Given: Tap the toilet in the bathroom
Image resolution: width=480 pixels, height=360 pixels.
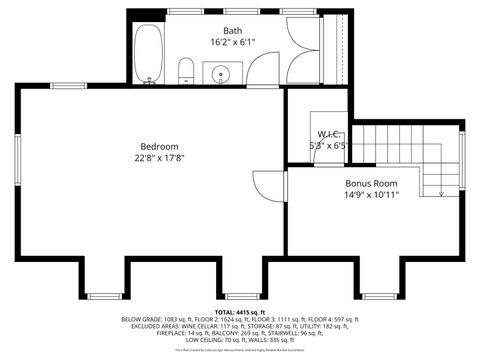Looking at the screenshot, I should [185, 69].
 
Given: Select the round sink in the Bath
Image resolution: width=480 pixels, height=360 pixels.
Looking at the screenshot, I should [221, 72].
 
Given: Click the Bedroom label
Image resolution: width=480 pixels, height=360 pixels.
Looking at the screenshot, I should [159, 146].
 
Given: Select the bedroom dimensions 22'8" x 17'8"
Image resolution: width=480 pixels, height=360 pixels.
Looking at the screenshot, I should [159, 158].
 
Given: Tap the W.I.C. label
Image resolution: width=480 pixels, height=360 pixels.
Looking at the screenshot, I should [331, 134].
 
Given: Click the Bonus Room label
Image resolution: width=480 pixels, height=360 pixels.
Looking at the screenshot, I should [371, 184].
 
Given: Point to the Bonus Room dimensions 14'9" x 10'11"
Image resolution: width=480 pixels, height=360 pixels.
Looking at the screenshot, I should [371, 196].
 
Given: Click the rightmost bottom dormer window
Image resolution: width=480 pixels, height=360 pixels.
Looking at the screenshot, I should [377, 295].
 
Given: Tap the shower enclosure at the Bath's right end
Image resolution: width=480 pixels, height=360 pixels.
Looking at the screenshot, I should [306, 49].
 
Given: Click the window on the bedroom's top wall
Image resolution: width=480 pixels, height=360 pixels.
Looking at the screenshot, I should [68, 86].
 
